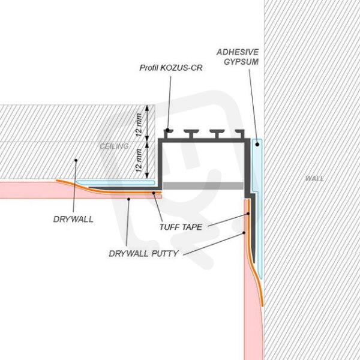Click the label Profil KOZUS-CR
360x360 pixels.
pyautogui.click(x=171, y=68)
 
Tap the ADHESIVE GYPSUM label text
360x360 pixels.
pyautogui.click(x=238, y=57)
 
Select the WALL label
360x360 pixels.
pyautogui.click(x=314, y=179)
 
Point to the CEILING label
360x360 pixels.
pyautogui.click(x=114, y=146)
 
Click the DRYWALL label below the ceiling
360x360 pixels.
pyautogui.click(x=73, y=219)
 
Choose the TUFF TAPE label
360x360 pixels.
pyautogui.click(x=181, y=227)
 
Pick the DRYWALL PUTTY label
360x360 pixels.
pyautogui.click(x=144, y=254)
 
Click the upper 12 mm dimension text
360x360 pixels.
pyautogui.click(x=139, y=125)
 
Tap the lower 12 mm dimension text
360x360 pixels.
pyautogui.click(x=139, y=160)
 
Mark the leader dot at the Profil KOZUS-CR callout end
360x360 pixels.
pyautogui.click(x=168, y=130)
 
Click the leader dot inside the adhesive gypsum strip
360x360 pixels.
pyautogui.click(x=257, y=145)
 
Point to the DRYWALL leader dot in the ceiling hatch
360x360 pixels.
pyautogui.click(x=76, y=160)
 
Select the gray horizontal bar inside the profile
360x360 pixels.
pyautogui.click(x=203, y=186)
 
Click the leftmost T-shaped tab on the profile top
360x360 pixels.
pyautogui.click(x=168, y=134)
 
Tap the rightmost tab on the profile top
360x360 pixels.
pyautogui.click(x=240, y=134)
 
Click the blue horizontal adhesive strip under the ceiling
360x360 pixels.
pyautogui.click(x=116, y=183)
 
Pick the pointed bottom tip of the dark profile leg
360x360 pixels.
pyautogui.click(x=254, y=263)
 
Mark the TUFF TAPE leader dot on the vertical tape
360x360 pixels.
pyautogui.click(x=248, y=214)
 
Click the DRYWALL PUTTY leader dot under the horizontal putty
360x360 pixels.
pyautogui.click(x=129, y=199)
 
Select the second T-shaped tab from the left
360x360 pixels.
pyautogui.click(x=192, y=134)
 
